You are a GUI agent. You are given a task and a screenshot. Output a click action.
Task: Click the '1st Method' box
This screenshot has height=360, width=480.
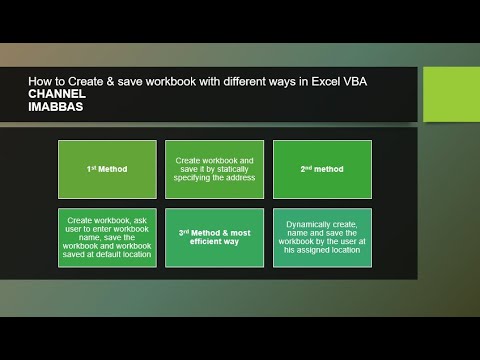point(107,169)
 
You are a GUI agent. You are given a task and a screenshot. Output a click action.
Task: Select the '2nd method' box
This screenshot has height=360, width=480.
point(322,169)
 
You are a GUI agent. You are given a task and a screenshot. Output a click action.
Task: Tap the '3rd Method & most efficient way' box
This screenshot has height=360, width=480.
point(214,238)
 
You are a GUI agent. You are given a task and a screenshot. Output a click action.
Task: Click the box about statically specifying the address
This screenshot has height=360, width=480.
point(214,169)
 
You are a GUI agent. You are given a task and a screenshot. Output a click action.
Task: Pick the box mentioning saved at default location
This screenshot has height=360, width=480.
point(107,238)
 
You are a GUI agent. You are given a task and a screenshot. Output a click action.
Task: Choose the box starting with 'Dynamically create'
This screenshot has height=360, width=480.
point(322,238)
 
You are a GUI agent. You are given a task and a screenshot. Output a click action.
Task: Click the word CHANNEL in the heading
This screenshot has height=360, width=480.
point(58,94)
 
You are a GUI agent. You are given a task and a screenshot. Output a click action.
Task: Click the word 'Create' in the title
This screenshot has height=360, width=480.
point(85,81)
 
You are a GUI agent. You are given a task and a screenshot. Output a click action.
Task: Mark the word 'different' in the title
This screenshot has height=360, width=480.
point(243,81)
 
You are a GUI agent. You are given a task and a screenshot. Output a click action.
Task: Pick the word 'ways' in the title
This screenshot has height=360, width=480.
point(283,81)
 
